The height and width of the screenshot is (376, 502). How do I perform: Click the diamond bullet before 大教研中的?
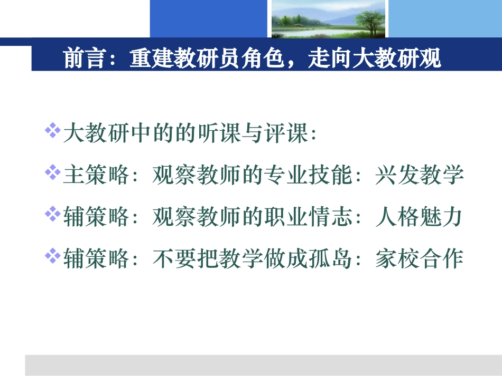(52, 131)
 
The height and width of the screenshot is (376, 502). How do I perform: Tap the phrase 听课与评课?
(263, 134)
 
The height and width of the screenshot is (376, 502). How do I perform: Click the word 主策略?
(96, 175)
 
